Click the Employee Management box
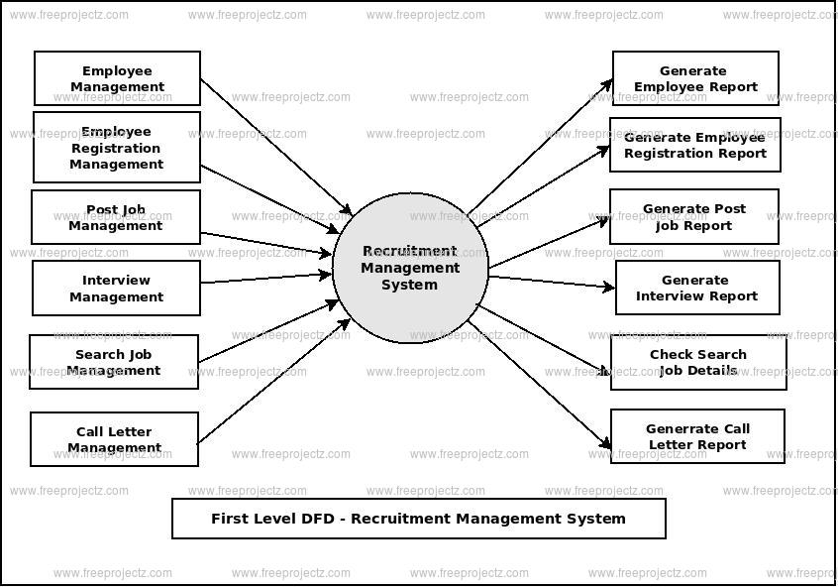click(x=117, y=78)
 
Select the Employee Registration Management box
click(x=117, y=147)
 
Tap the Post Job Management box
click(x=116, y=217)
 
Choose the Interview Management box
click(x=116, y=288)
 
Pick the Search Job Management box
click(x=114, y=362)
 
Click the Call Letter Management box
click(x=114, y=439)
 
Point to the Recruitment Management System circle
click(x=410, y=268)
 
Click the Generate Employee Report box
click(x=695, y=78)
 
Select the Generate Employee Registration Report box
click(x=694, y=145)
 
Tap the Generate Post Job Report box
click(x=693, y=216)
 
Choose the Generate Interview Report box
click(x=697, y=288)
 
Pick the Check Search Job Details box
click(x=698, y=362)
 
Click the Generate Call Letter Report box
click(x=697, y=436)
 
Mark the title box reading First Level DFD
click(x=418, y=519)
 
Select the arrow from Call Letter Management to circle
click(x=274, y=381)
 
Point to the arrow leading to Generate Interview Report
click(x=551, y=283)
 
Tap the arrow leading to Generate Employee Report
click(x=540, y=145)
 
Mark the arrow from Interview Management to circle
click(x=265, y=279)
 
